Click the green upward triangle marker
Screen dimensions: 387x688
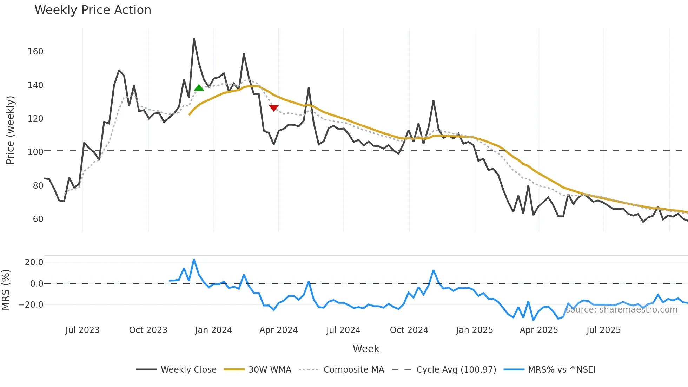pos(199,88)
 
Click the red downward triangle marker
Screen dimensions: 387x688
pos(274,108)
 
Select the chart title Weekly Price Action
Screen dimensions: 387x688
pos(93,10)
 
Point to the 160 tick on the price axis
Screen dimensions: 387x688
pos(35,52)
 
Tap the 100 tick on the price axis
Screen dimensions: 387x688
pos(35,152)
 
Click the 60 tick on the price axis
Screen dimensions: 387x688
pos(38,219)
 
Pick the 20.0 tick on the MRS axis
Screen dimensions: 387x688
pos(34,262)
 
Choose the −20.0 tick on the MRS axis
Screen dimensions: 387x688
pos(31,305)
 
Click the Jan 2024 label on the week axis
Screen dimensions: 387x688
pos(213,330)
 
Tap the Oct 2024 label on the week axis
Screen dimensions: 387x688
pos(409,330)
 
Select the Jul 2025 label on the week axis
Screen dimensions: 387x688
pos(603,330)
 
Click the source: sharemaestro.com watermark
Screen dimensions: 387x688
pos(622,310)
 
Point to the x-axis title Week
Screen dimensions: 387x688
pos(366,349)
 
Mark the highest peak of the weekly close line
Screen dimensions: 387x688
pos(194,39)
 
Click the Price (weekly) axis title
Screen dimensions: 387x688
pos(10,130)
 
